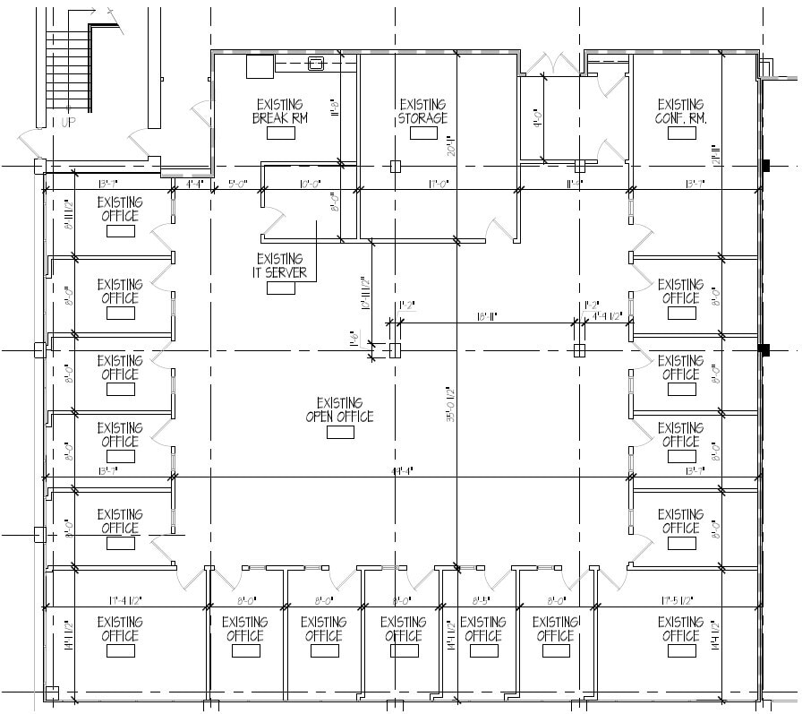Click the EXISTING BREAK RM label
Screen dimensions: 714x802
tap(279, 111)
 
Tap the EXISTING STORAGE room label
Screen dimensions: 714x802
tap(423, 111)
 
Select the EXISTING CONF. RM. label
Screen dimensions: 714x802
tap(680, 111)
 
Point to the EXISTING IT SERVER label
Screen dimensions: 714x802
tap(280, 266)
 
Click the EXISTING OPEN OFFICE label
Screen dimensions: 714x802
tap(339, 409)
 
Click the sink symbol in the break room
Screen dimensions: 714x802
tap(315, 63)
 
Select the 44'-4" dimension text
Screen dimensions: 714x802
tap(402, 471)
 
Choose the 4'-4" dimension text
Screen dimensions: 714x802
tap(195, 184)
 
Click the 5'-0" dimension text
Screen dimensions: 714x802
tap(237, 184)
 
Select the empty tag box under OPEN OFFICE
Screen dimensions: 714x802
tap(340, 433)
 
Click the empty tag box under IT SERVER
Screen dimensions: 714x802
tap(280, 288)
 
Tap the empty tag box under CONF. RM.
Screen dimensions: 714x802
tap(680, 133)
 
